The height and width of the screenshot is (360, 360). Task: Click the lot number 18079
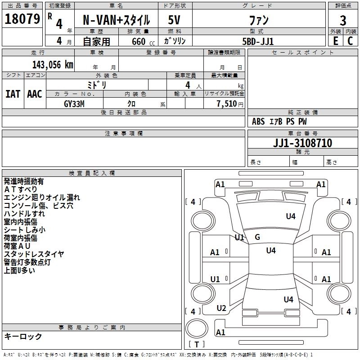click(22, 19)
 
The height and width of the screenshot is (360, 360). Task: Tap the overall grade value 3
click(343, 20)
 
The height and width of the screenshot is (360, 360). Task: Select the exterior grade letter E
click(335, 41)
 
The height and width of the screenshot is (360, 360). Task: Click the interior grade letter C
click(350, 41)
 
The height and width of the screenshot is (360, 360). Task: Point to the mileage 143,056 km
click(53, 65)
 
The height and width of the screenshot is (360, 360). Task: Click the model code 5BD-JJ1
click(258, 41)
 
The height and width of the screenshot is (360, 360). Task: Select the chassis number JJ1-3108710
click(302, 143)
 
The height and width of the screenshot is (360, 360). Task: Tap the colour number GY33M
click(74, 104)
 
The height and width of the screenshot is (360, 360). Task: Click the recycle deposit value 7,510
click(227, 104)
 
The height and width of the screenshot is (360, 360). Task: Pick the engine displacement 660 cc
click(143, 42)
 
